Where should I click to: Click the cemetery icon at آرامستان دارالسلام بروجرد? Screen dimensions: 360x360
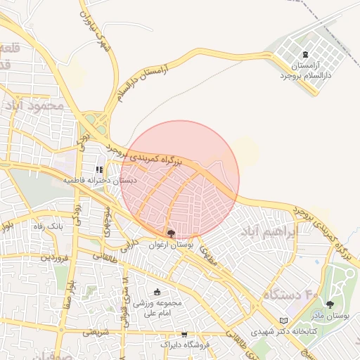point(304,55)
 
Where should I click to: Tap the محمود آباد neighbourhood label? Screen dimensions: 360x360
point(34,105)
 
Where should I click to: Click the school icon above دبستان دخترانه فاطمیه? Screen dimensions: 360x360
point(99,170)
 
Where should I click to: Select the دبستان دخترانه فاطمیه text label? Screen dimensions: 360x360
point(99,181)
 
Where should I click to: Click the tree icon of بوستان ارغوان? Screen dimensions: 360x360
point(171,233)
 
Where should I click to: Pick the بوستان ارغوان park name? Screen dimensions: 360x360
point(171,245)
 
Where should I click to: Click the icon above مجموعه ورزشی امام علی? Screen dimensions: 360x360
point(156,292)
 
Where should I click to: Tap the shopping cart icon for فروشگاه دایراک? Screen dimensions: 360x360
point(184,334)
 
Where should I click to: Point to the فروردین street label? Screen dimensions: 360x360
point(56,257)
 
